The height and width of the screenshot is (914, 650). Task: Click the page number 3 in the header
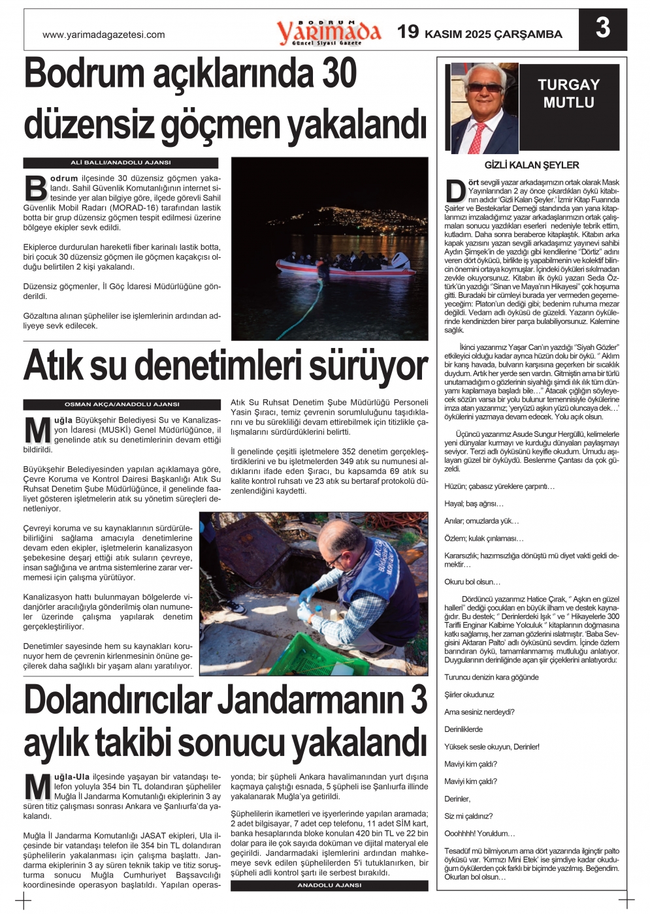603,28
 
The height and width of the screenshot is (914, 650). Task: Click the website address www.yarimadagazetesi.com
104,35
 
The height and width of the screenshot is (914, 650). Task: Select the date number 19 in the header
408,31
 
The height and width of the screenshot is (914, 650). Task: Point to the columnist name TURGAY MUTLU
568,93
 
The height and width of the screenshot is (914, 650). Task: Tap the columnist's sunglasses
484,87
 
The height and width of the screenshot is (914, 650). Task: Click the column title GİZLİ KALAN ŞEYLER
532,165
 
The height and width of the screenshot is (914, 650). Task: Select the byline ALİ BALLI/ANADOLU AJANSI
121,163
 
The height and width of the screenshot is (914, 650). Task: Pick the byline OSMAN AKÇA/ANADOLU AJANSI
122,405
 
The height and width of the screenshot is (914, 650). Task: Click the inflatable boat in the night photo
345,265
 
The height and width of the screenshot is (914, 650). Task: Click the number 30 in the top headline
338,74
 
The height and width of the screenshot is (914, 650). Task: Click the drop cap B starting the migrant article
36,187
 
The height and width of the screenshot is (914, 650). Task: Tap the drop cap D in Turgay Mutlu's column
455,191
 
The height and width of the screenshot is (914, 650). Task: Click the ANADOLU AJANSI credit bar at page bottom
329,886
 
